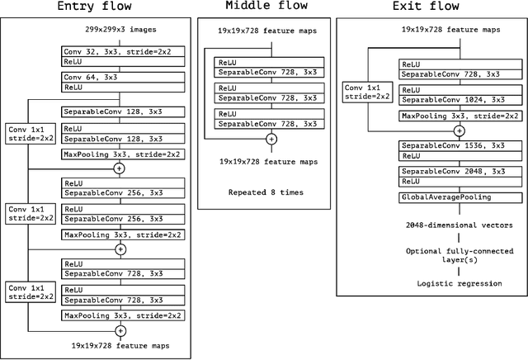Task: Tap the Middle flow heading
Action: pos(266,7)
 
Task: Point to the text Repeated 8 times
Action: pos(267,192)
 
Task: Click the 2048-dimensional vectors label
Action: pos(459,224)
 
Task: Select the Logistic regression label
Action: pos(459,284)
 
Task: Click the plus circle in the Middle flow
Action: pos(271,140)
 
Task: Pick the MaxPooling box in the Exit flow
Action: pos(458,116)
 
